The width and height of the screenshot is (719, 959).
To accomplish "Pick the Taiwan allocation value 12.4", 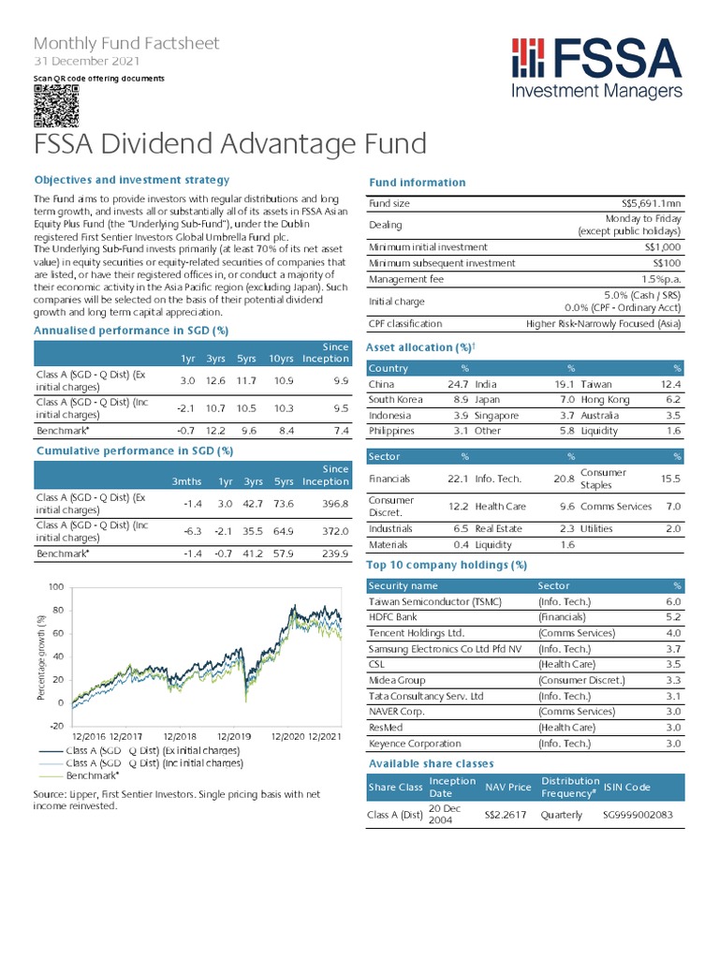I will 671,384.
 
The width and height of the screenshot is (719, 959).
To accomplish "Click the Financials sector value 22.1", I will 456,479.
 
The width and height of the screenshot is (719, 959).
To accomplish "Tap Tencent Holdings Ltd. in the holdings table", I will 417,633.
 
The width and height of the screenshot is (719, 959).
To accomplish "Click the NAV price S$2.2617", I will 506,815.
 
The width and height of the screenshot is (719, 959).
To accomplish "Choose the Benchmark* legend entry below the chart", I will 91,775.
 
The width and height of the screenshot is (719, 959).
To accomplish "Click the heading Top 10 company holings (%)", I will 447,565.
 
